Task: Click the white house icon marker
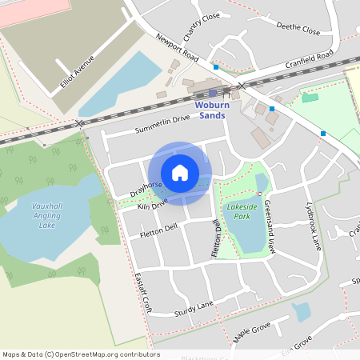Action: click(180, 172)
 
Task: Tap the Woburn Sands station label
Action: click(210, 110)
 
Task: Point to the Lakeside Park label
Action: click(243, 211)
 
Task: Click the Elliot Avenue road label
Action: click(77, 74)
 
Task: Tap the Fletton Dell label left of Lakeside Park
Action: click(158, 228)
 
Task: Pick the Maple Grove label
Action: click(253, 330)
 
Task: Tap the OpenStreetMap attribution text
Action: click(81, 354)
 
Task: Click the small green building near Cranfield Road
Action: click(310, 98)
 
